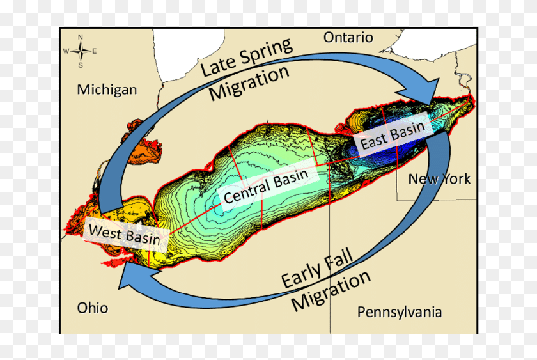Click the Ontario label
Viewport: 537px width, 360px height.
(x=348, y=37)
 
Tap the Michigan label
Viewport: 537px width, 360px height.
(x=107, y=89)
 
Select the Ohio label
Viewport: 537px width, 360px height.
(x=93, y=308)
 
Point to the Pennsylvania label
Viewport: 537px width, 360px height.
(x=399, y=312)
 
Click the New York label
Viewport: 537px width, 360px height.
(x=439, y=179)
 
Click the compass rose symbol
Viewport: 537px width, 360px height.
(x=81, y=51)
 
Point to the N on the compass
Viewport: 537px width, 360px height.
(x=81, y=37)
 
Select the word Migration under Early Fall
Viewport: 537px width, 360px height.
(x=331, y=293)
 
